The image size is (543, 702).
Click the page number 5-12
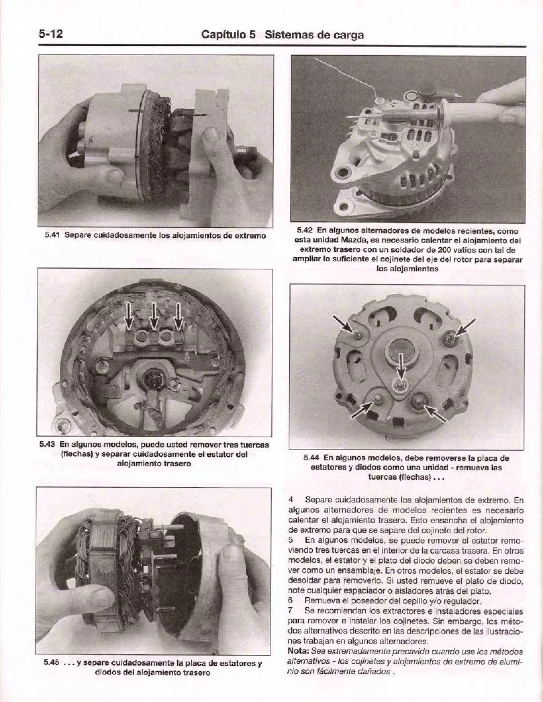tap(50, 33)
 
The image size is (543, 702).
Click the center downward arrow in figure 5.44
tap(400, 366)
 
